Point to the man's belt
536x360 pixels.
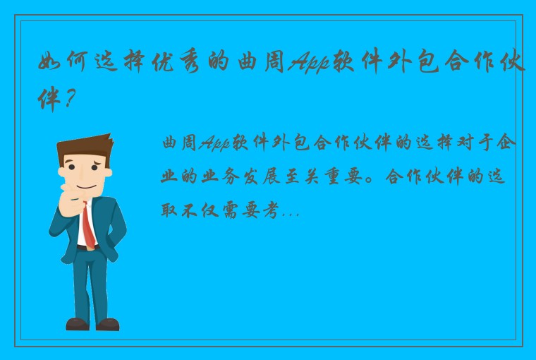click(x=86, y=248)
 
